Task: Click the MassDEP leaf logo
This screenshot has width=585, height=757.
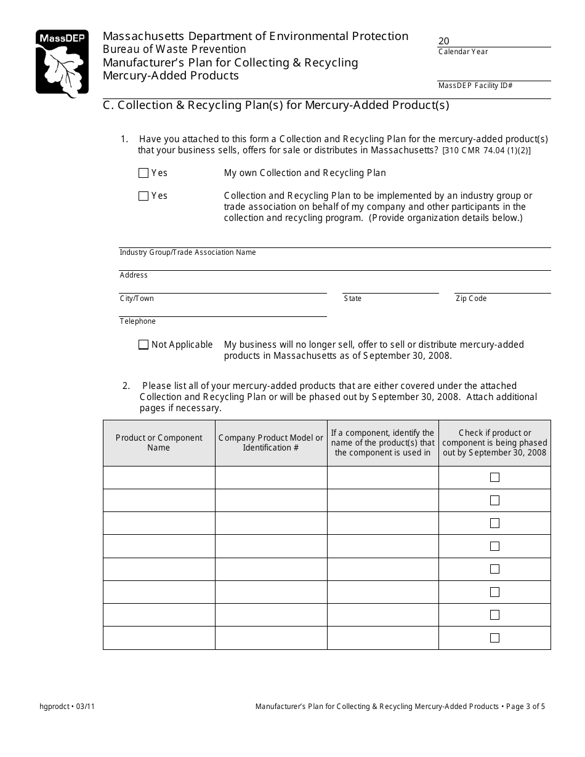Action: pos(62,64)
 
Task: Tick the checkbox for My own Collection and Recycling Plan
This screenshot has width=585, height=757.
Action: pos(143,173)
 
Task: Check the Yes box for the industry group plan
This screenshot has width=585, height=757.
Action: pos(143,196)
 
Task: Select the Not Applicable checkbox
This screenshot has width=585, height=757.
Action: pos(143,345)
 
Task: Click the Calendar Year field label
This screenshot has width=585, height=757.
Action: pos(463,52)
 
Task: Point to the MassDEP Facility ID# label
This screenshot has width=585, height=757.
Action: pos(475,86)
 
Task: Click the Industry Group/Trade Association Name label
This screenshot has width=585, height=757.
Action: pos(188,252)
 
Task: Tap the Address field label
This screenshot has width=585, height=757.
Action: pos(134,275)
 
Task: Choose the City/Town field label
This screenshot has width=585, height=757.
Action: pos(137,298)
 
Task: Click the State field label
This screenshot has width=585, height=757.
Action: pos(353,298)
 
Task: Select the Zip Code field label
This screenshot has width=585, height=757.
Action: pos(471,298)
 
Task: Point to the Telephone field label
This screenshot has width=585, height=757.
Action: pos(138,321)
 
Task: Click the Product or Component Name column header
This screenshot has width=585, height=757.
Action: pos(159,443)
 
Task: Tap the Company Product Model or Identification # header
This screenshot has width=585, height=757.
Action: pos(271,443)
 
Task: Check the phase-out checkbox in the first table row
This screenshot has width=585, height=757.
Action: pos(494,477)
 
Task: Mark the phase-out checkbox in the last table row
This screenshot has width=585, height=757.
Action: pos(494,638)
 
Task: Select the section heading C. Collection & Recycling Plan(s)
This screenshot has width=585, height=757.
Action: pos(276,105)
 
